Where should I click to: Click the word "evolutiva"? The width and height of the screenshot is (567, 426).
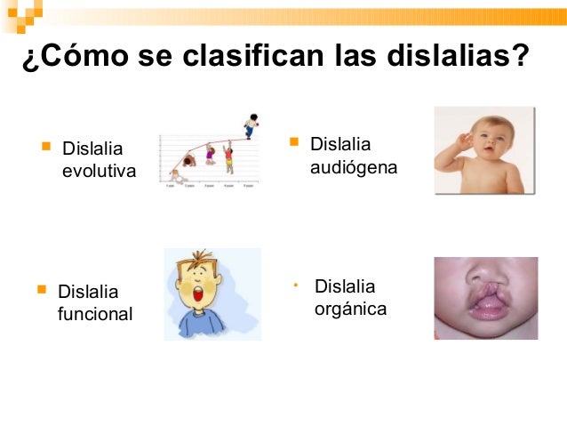pyautogui.click(x=99, y=170)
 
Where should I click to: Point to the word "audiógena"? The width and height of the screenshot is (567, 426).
pyautogui.click(x=354, y=166)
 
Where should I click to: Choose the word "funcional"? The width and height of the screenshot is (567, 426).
pyautogui.click(x=94, y=313)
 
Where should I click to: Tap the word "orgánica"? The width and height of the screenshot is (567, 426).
pyautogui.click(x=350, y=309)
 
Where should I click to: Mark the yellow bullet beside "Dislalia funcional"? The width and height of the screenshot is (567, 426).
pyautogui.click(x=41, y=289)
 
